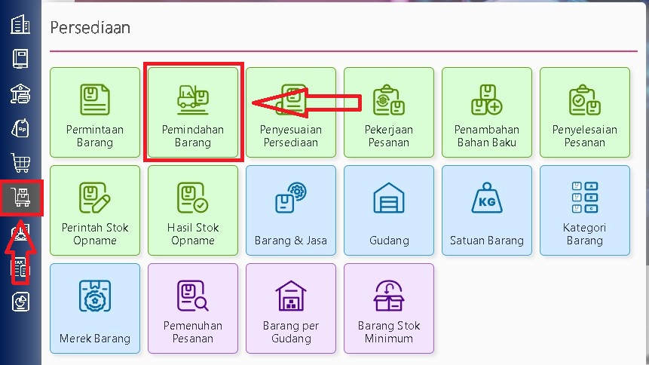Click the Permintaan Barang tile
pos(95,112)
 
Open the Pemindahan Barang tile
pos(193,112)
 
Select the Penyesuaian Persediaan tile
pos(291,112)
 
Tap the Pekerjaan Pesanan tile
pos(389,112)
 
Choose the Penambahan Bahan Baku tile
pos(487,112)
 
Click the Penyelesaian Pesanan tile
pos(585,112)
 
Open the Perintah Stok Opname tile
pos(95,210)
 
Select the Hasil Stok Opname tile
pos(193,210)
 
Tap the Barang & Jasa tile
pos(291,210)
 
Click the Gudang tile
pos(389,210)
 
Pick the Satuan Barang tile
pos(487,210)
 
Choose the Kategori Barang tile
pos(585,210)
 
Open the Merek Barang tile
pos(95,308)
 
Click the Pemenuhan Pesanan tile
pos(193,308)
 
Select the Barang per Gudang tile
pos(291,308)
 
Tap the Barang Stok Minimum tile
pos(389,308)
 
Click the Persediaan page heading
pos(90,28)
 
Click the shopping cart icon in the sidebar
pos(20,162)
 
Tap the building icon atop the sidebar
pos(20,24)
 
